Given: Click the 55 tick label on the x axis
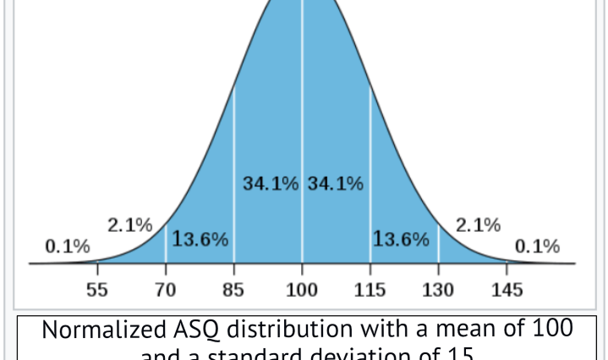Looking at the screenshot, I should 97,291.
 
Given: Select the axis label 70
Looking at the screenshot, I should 165,291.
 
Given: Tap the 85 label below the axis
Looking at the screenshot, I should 233,291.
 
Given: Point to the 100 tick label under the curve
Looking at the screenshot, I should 302,291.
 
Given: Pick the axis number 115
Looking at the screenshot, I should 370,291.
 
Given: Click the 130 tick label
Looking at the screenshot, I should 438,291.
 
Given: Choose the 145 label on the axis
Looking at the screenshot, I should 507,291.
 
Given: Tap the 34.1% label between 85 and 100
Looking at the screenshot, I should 271,183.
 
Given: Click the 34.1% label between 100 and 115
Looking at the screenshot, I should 336,183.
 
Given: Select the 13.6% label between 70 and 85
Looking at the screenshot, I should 200,239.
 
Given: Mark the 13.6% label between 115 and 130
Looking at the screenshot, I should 402,239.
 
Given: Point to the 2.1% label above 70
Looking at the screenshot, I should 129,226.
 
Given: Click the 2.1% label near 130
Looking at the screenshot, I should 478,226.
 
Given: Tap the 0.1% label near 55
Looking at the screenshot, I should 68,247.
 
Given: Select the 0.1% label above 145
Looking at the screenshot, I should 538,247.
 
